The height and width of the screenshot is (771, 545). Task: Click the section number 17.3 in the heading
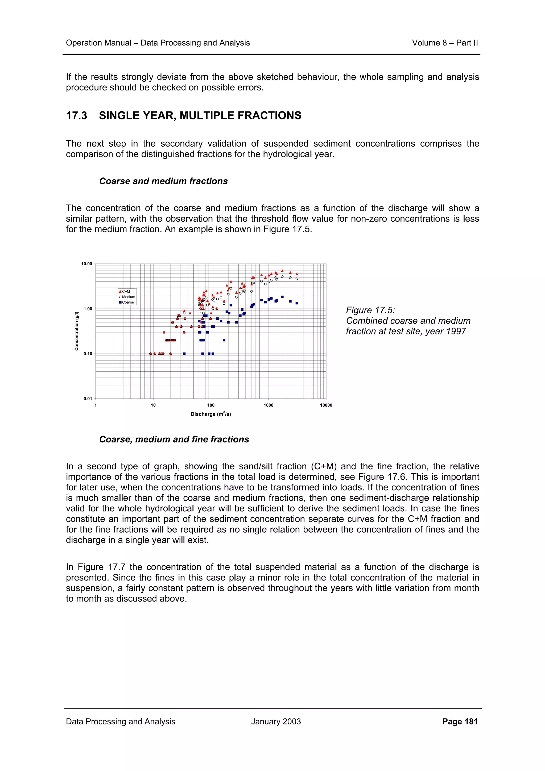tap(77, 115)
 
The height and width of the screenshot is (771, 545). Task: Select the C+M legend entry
tap(126, 292)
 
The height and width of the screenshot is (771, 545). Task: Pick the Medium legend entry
tap(128, 297)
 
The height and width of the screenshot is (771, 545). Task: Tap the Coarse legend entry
tap(127, 302)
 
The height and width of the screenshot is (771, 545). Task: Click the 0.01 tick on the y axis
tap(87, 399)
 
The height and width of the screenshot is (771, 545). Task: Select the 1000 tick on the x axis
tap(268, 405)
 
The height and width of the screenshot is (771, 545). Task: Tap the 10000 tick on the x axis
tap(326, 405)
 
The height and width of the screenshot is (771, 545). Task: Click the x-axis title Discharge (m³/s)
tap(210, 414)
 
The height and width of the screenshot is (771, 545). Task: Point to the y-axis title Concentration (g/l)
tap(77, 331)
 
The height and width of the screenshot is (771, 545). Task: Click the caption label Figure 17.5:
tap(370, 310)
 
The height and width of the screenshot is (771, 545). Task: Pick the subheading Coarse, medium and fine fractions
tap(174, 440)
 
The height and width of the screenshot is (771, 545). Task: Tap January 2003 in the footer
tap(276, 722)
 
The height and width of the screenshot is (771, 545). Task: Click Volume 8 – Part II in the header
tap(445, 43)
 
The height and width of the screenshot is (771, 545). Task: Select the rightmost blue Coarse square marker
tap(297, 303)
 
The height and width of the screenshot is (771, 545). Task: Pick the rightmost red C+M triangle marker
tap(297, 274)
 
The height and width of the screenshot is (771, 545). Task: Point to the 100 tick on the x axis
tap(210, 405)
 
